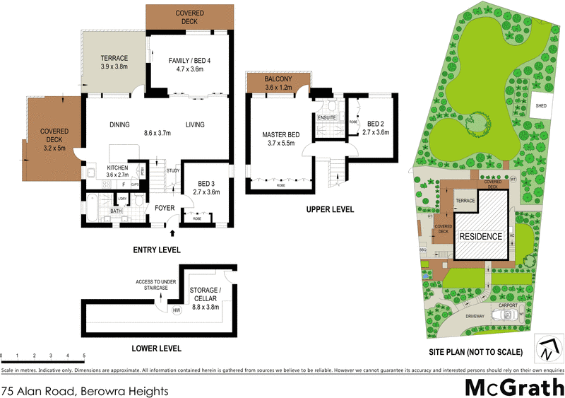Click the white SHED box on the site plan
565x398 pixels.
click(541, 105)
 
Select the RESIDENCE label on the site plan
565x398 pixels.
click(482, 236)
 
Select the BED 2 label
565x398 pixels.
click(375, 127)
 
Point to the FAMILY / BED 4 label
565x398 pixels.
click(189, 64)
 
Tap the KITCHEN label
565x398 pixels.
click(117, 169)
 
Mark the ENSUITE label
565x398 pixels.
click(326, 117)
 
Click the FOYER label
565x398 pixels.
click(165, 208)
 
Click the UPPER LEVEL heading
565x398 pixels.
click(330, 209)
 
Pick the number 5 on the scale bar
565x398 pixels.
click(84, 356)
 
